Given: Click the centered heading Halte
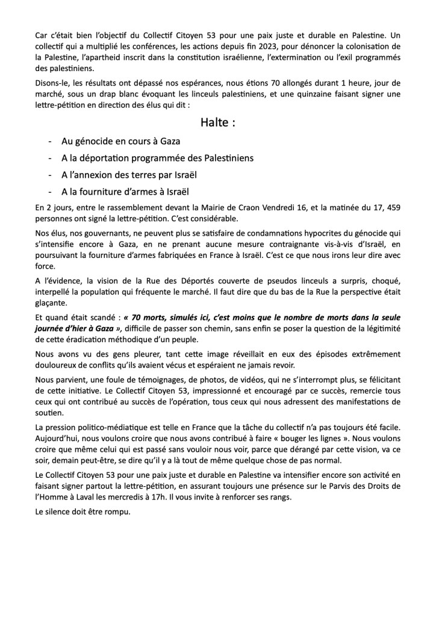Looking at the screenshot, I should (x=217, y=122).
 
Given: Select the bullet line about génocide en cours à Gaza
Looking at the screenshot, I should (x=120, y=141).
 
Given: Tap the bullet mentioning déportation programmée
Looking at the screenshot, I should (x=157, y=158).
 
